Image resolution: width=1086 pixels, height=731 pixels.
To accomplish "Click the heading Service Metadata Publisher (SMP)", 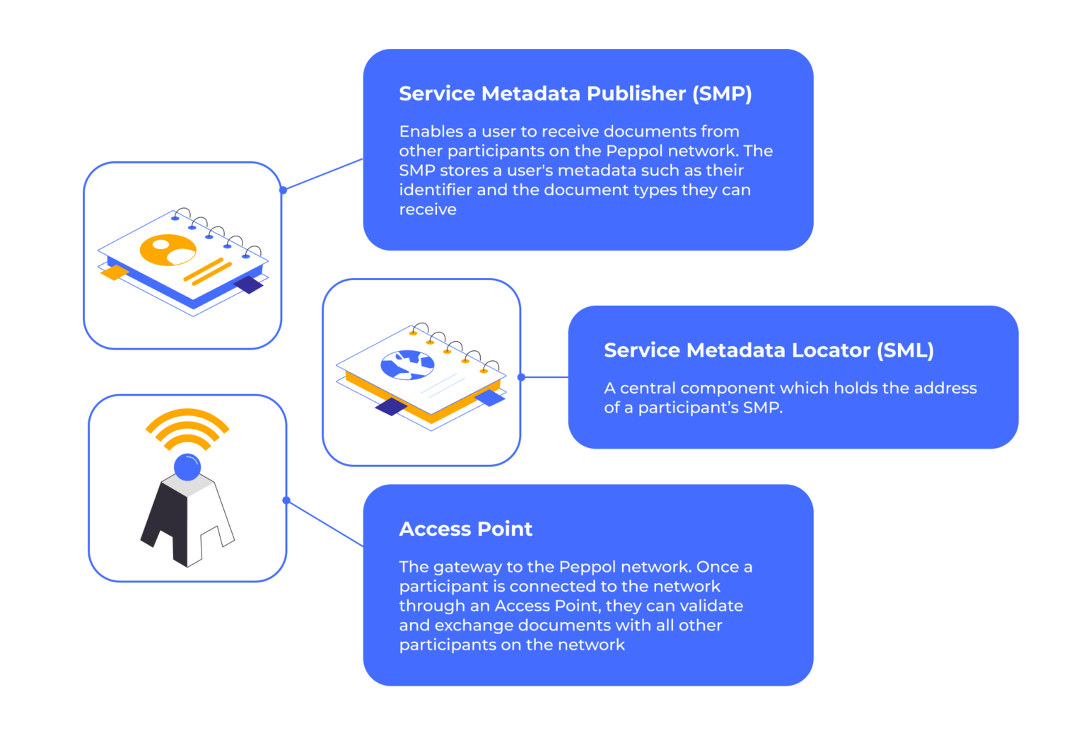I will [x=575, y=93].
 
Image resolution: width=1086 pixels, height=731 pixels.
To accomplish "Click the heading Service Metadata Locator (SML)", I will [x=769, y=350].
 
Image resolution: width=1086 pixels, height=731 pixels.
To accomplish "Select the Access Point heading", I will [x=465, y=529].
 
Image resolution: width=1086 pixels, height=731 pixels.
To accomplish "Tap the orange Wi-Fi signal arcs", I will [x=187, y=428].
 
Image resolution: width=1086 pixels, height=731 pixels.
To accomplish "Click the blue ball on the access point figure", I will [x=187, y=467].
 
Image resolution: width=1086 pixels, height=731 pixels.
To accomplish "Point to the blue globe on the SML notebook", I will [x=407, y=364].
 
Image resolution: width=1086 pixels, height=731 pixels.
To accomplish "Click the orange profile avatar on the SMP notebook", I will [x=168, y=250].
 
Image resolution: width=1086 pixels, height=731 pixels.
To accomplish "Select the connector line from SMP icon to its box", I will [x=323, y=175].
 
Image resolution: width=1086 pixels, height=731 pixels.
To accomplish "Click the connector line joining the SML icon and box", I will [x=544, y=377].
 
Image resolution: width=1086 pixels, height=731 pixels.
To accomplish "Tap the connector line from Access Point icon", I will [x=325, y=523].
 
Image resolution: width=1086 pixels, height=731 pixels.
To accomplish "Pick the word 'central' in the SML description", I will [x=648, y=388].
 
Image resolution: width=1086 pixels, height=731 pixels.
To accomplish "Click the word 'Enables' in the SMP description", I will [x=431, y=132].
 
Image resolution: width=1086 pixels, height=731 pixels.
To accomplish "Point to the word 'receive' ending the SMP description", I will [x=428, y=209].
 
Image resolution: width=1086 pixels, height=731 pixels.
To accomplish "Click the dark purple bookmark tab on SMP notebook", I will [x=248, y=284].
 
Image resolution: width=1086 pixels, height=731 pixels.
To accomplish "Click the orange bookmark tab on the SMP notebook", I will [x=115, y=272].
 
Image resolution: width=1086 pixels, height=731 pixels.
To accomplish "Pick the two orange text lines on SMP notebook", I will [x=207, y=272].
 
